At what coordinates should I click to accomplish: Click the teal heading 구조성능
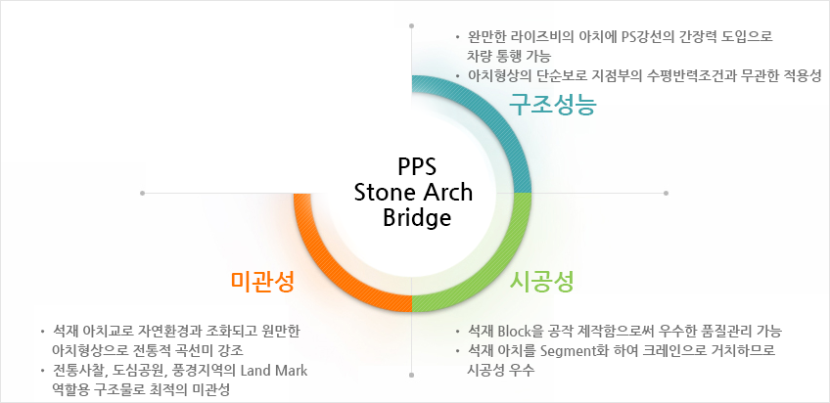(553, 105)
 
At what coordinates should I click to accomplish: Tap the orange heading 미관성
(262, 282)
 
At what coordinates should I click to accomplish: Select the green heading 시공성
(541, 282)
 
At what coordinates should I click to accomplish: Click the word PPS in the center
(417, 167)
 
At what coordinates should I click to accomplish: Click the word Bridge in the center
(417, 218)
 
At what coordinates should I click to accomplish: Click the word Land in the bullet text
(254, 371)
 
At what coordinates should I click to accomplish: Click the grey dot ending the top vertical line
(412, 25)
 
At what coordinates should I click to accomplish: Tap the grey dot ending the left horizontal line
(142, 193)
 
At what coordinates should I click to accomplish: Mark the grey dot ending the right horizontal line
(666, 193)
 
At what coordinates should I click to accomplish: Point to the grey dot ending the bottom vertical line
(412, 375)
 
